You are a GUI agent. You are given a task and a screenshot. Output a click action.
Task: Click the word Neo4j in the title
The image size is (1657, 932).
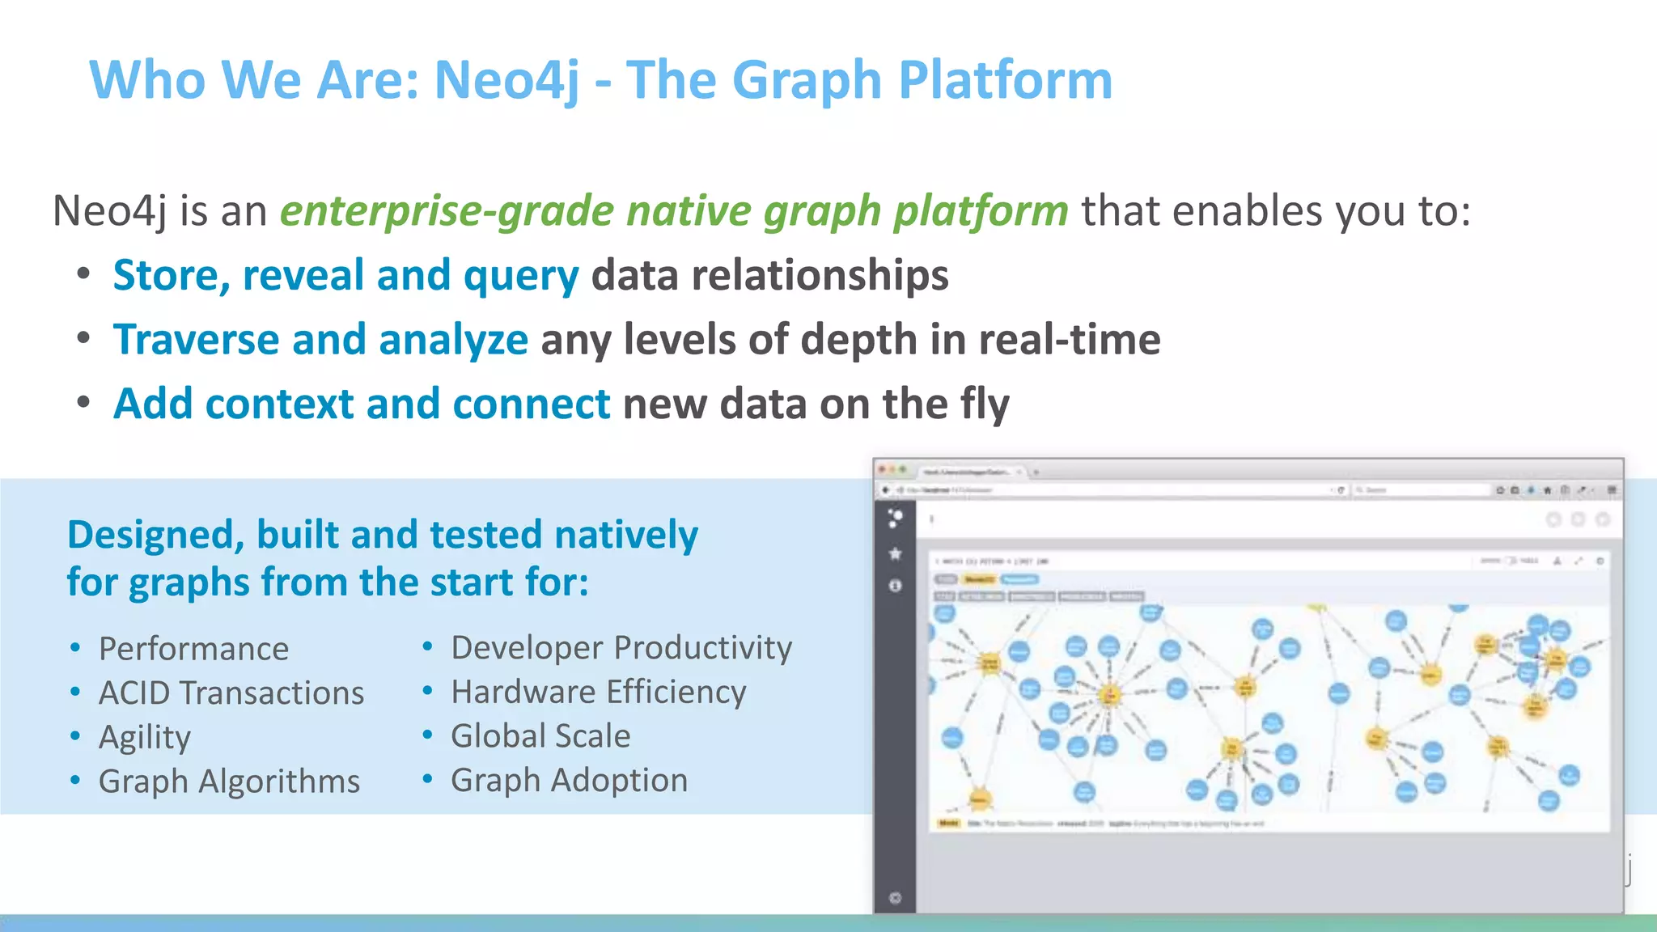click(x=506, y=81)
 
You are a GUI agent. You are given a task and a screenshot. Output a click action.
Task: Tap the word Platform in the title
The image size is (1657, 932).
click(x=1005, y=81)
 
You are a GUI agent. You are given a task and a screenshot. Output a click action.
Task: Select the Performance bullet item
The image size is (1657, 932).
click(x=193, y=649)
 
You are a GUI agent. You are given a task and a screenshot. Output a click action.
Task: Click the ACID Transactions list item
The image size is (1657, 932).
click(x=231, y=693)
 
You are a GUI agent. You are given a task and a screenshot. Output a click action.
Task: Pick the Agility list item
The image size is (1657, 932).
click(x=145, y=738)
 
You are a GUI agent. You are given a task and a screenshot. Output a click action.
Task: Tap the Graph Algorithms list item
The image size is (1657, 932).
click(x=229, y=782)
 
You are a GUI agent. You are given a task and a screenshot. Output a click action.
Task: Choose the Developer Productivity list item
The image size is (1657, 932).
click(x=621, y=648)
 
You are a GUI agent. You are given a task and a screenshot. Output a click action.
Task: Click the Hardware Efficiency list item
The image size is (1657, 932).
click(x=599, y=693)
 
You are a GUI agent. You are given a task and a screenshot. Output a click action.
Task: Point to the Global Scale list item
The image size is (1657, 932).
click(x=540, y=736)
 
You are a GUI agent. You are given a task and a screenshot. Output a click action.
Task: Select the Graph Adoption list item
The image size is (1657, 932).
click(x=570, y=781)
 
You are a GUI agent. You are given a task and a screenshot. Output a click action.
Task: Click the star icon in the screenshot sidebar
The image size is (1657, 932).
click(x=895, y=554)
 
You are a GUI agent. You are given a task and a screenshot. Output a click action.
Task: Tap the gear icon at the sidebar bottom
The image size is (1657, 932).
click(x=895, y=898)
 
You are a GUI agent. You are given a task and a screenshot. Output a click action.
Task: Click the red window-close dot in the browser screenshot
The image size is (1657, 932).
click(x=883, y=470)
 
